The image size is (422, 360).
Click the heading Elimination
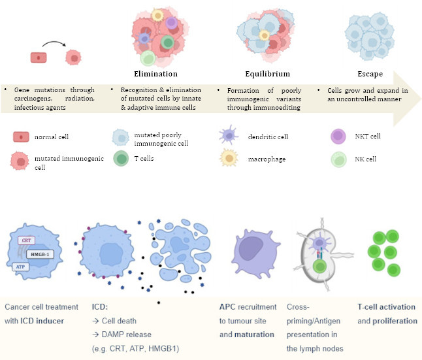(155, 74)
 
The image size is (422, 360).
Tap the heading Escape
(370, 74)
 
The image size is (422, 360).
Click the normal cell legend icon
(22, 137)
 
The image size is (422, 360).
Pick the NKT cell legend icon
(339, 135)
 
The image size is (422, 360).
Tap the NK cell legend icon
(339, 158)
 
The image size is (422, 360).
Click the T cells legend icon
(121, 158)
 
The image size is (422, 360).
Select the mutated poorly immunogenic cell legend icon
(121, 137)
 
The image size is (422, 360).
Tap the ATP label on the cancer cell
(22, 267)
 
